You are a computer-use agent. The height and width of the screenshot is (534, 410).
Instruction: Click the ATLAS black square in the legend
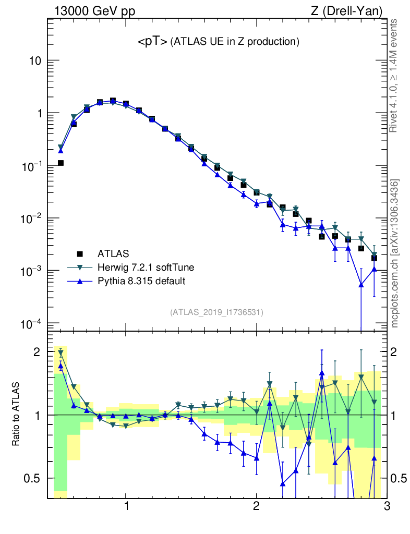(x=80, y=254)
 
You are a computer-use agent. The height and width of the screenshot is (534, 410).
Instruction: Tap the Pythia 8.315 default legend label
(x=141, y=281)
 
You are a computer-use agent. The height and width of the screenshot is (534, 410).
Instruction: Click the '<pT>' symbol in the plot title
(x=152, y=42)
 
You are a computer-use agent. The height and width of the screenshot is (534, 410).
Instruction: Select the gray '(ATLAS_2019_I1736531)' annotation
(x=216, y=312)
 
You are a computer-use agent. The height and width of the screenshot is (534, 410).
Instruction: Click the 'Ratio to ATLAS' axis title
(x=16, y=415)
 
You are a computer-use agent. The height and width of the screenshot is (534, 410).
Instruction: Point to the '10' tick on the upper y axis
(x=34, y=61)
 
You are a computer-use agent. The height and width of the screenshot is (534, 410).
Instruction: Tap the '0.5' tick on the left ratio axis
(x=32, y=478)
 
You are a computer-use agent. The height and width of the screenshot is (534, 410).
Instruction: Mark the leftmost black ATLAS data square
(x=61, y=163)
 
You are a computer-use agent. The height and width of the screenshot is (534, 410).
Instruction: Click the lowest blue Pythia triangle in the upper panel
(x=361, y=285)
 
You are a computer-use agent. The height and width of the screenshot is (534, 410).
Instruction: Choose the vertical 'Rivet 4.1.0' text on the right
(x=394, y=75)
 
